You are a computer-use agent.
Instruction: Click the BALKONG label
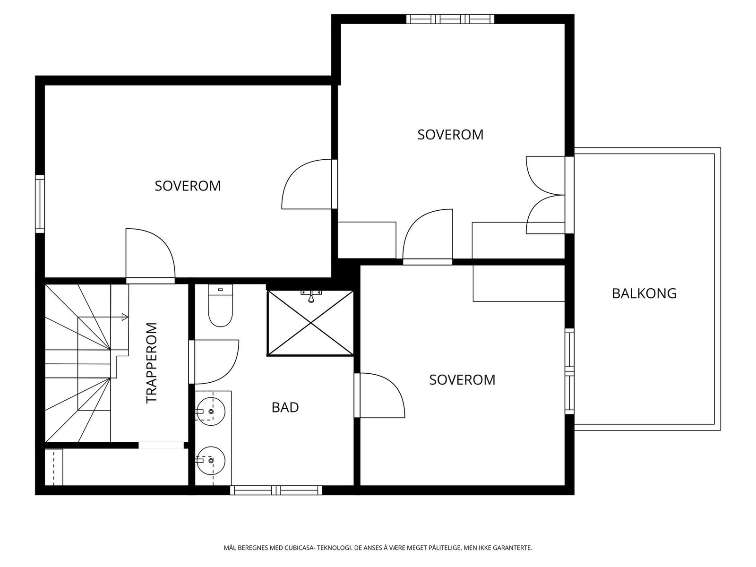(644, 293)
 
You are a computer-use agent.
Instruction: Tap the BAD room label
(285, 407)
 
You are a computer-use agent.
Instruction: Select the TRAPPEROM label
(152, 363)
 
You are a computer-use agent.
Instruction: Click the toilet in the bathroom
(221, 305)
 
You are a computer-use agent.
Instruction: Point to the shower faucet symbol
(311, 295)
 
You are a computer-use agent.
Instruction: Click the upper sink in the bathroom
(210, 411)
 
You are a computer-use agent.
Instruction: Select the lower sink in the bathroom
(210, 460)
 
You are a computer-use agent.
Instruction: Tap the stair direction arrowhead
(125, 317)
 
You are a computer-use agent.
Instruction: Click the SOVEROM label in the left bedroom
(188, 186)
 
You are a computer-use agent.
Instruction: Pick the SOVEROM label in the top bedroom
(450, 135)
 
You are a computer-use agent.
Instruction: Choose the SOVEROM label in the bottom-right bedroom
(462, 380)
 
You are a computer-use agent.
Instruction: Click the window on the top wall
(450, 19)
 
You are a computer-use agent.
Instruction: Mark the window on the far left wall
(40, 204)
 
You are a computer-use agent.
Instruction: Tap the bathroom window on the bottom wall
(276, 490)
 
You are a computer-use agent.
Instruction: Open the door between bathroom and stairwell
(214, 362)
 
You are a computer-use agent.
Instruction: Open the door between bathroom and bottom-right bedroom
(379, 395)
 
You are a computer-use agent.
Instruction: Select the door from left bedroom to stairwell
(151, 256)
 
